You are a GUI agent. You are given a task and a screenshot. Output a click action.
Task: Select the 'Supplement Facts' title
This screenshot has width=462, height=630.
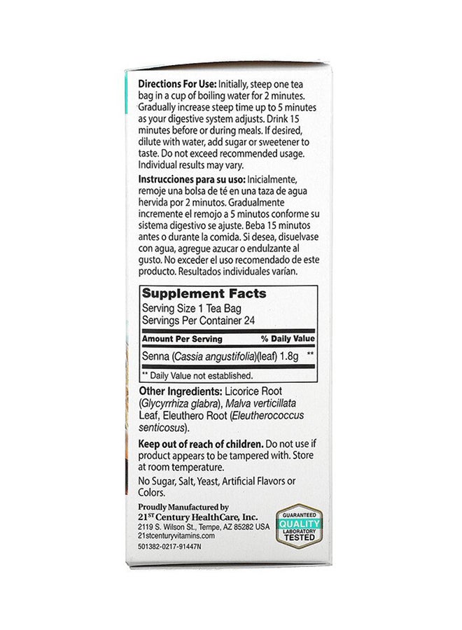pos(204,295)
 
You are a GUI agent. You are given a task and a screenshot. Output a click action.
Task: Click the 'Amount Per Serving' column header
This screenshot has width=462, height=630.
pos(182,339)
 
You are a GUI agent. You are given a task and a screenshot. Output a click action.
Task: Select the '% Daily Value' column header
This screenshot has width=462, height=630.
pos(286,339)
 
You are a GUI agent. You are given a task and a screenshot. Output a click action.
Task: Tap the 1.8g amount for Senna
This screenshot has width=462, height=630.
pos(290,356)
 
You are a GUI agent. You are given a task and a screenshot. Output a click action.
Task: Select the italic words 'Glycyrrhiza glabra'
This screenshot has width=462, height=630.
pos(183,402)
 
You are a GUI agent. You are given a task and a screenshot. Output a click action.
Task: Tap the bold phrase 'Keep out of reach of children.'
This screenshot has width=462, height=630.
pos(200,444)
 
